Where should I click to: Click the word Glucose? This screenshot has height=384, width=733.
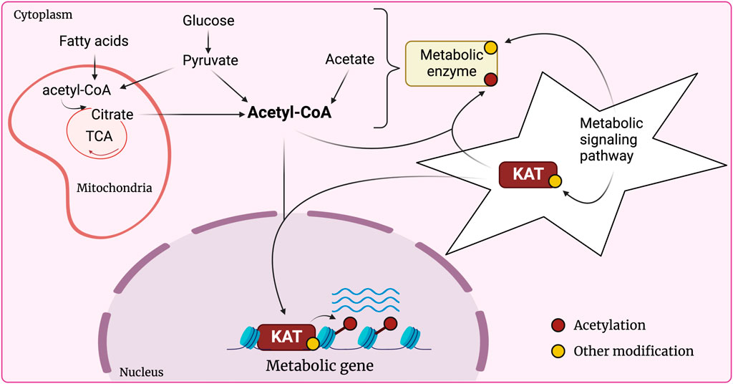pyautogui.click(x=208, y=21)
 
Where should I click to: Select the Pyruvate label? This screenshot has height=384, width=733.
pyautogui.click(x=208, y=62)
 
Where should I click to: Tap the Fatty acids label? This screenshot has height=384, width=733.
pyautogui.click(x=94, y=42)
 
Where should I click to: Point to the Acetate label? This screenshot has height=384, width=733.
pyautogui.click(x=350, y=59)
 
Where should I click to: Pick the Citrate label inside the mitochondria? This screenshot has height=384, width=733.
pyautogui.click(x=112, y=114)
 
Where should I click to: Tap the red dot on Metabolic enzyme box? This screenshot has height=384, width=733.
pyautogui.click(x=490, y=78)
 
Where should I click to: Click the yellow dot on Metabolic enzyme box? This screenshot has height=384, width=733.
pyautogui.click(x=491, y=48)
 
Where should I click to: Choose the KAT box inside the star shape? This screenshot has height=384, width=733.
pyautogui.click(x=527, y=175)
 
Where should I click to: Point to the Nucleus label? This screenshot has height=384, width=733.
pyautogui.click(x=141, y=372)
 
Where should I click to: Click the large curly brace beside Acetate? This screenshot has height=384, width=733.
pyautogui.click(x=390, y=68)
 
